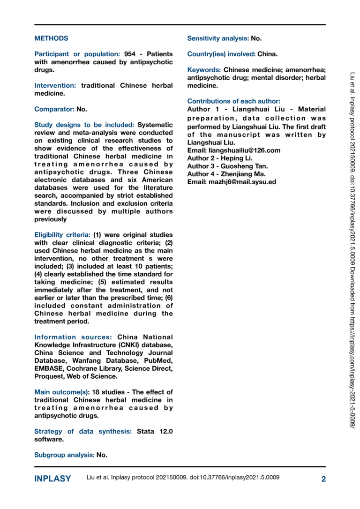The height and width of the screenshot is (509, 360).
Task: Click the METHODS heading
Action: pos(51,38)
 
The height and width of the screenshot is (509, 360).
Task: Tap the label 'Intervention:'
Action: pos(55,86)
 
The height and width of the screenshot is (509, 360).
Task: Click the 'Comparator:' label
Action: pos(54,109)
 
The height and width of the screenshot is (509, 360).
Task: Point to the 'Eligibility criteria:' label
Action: pos(63,234)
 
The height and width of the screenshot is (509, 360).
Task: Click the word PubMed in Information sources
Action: pos(159,360)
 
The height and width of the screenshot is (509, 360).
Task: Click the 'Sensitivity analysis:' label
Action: pos(218,38)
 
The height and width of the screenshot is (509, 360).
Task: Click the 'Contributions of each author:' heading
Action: pos(234,101)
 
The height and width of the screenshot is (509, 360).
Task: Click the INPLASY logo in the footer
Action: pos(52,479)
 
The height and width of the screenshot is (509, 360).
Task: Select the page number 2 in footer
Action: pos(323,479)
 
